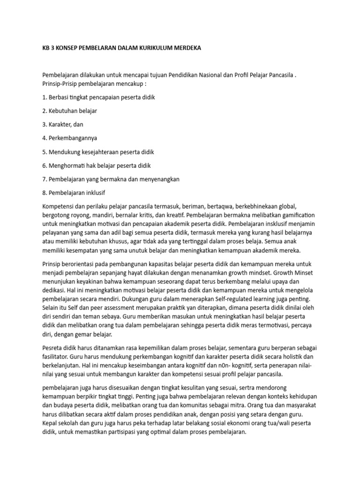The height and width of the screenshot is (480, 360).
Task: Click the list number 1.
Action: point(45,97)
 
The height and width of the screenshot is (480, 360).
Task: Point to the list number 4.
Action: point(45,138)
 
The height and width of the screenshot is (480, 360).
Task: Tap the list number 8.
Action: point(45,193)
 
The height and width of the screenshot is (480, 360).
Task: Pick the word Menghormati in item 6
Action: point(66,165)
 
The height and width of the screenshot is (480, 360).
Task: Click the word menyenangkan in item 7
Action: point(158,179)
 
